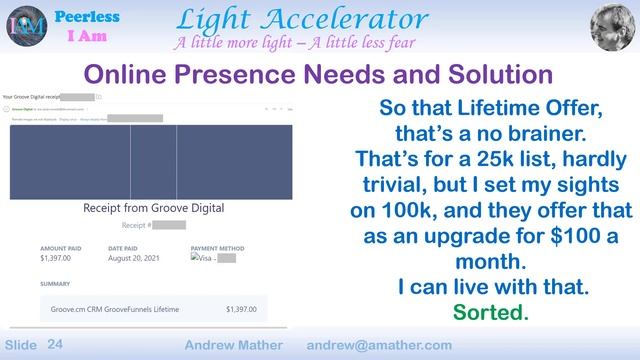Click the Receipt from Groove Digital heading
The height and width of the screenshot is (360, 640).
[153, 208]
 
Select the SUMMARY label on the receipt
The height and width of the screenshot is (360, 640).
[55, 283]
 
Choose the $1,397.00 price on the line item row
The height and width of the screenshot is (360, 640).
[246, 309]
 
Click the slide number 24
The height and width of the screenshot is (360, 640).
[55, 343]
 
